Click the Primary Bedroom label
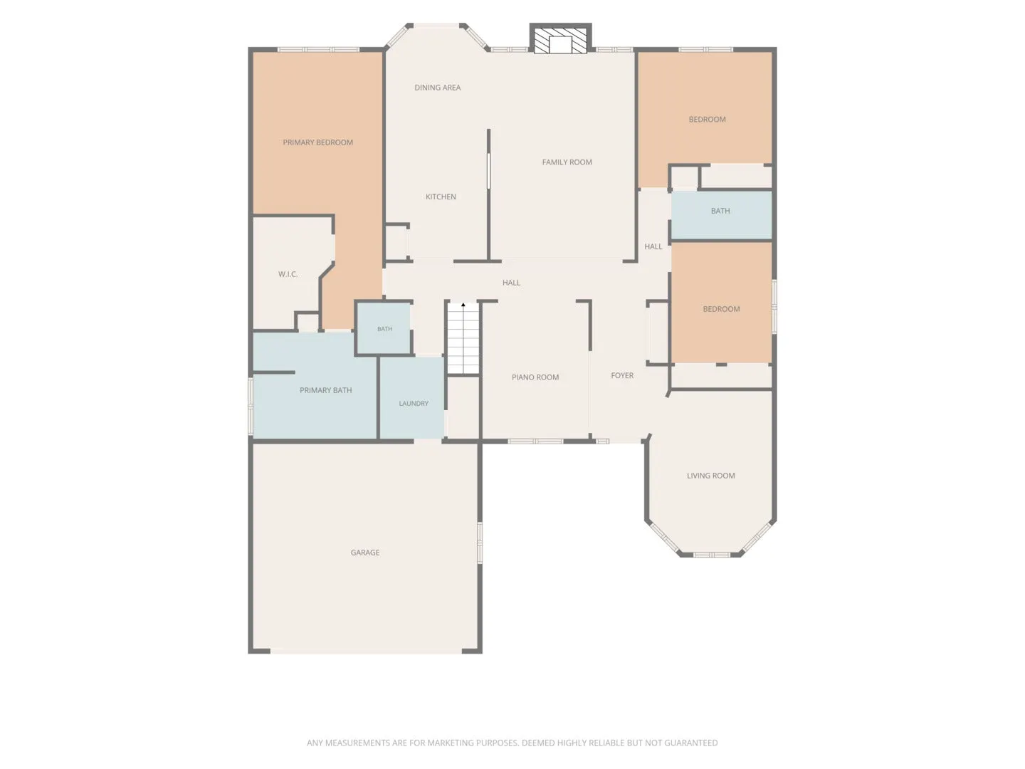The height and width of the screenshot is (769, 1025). (x=317, y=142)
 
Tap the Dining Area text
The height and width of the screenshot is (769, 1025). (x=438, y=88)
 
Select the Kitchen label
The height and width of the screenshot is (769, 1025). (x=441, y=197)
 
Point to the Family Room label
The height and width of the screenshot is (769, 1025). (x=567, y=162)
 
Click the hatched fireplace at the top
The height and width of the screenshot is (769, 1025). (x=560, y=38)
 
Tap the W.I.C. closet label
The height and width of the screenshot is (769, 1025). (x=288, y=274)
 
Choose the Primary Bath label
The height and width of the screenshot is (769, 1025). (x=325, y=390)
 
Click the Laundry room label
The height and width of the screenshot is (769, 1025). (x=414, y=403)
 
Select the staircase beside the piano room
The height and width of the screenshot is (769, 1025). (x=463, y=338)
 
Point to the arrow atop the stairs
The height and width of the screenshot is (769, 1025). (x=463, y=305)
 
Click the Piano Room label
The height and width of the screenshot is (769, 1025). (x=535, y=377)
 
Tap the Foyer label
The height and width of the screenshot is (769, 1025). (x=622, y=375)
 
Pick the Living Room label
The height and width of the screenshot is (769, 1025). (x=710, y=476)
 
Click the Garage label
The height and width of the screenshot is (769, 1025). (x=364, y=553)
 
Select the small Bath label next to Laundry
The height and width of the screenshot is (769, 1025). (x=384, y=329)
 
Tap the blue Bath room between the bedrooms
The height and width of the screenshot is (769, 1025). (x=721, y=215)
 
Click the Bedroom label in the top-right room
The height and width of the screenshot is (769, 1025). (x=707, y=119)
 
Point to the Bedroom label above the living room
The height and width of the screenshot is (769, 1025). (x=721, y=308)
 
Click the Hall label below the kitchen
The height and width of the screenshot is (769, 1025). (x=511, y=283)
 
